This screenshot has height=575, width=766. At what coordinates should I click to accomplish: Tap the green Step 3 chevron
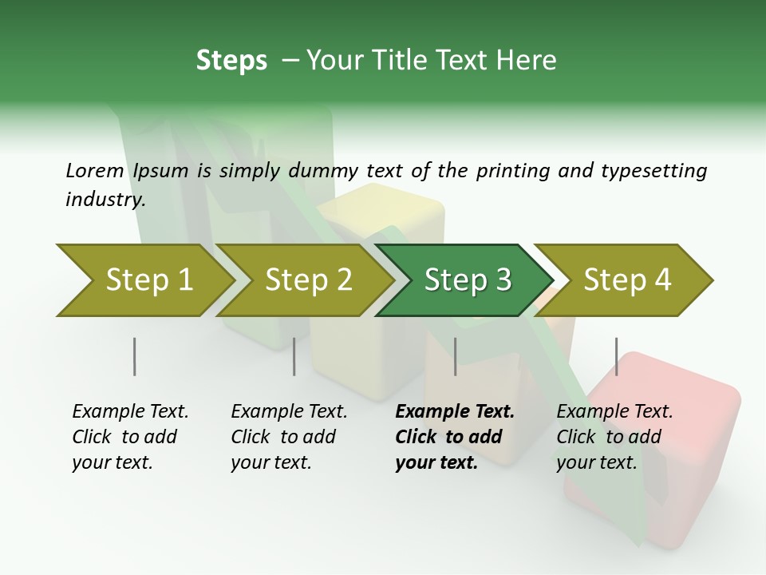(x=467, y=280)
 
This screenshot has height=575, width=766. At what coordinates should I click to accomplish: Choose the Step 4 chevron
(x=626, y=280)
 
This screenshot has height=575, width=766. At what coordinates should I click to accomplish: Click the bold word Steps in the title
(x=231, y=61)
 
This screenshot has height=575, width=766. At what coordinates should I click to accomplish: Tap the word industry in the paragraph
(x=105, y=199)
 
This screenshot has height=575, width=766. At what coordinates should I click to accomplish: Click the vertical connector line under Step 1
(x=134, y=356)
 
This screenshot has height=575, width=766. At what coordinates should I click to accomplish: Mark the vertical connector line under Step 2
(x=294, y=356)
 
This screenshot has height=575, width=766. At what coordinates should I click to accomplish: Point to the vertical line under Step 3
(x=455, y=356)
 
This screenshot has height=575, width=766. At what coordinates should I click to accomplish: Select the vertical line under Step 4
(x=616, y=356)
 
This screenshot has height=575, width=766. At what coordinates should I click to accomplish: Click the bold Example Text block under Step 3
(x=455, y=437)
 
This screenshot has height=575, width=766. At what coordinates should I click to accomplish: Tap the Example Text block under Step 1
(x=130, y=437)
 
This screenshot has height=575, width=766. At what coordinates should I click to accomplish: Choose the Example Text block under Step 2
(x=289, y=437)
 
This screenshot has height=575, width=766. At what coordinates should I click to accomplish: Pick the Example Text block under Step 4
(x=614, y=437)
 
